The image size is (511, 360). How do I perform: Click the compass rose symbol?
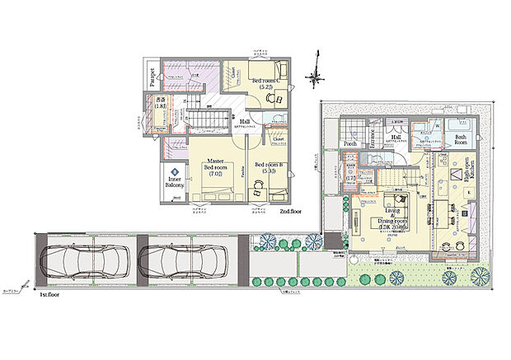point(314,78)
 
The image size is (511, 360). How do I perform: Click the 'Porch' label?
point(350,144)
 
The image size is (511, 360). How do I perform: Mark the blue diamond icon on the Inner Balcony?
point(175,171)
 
